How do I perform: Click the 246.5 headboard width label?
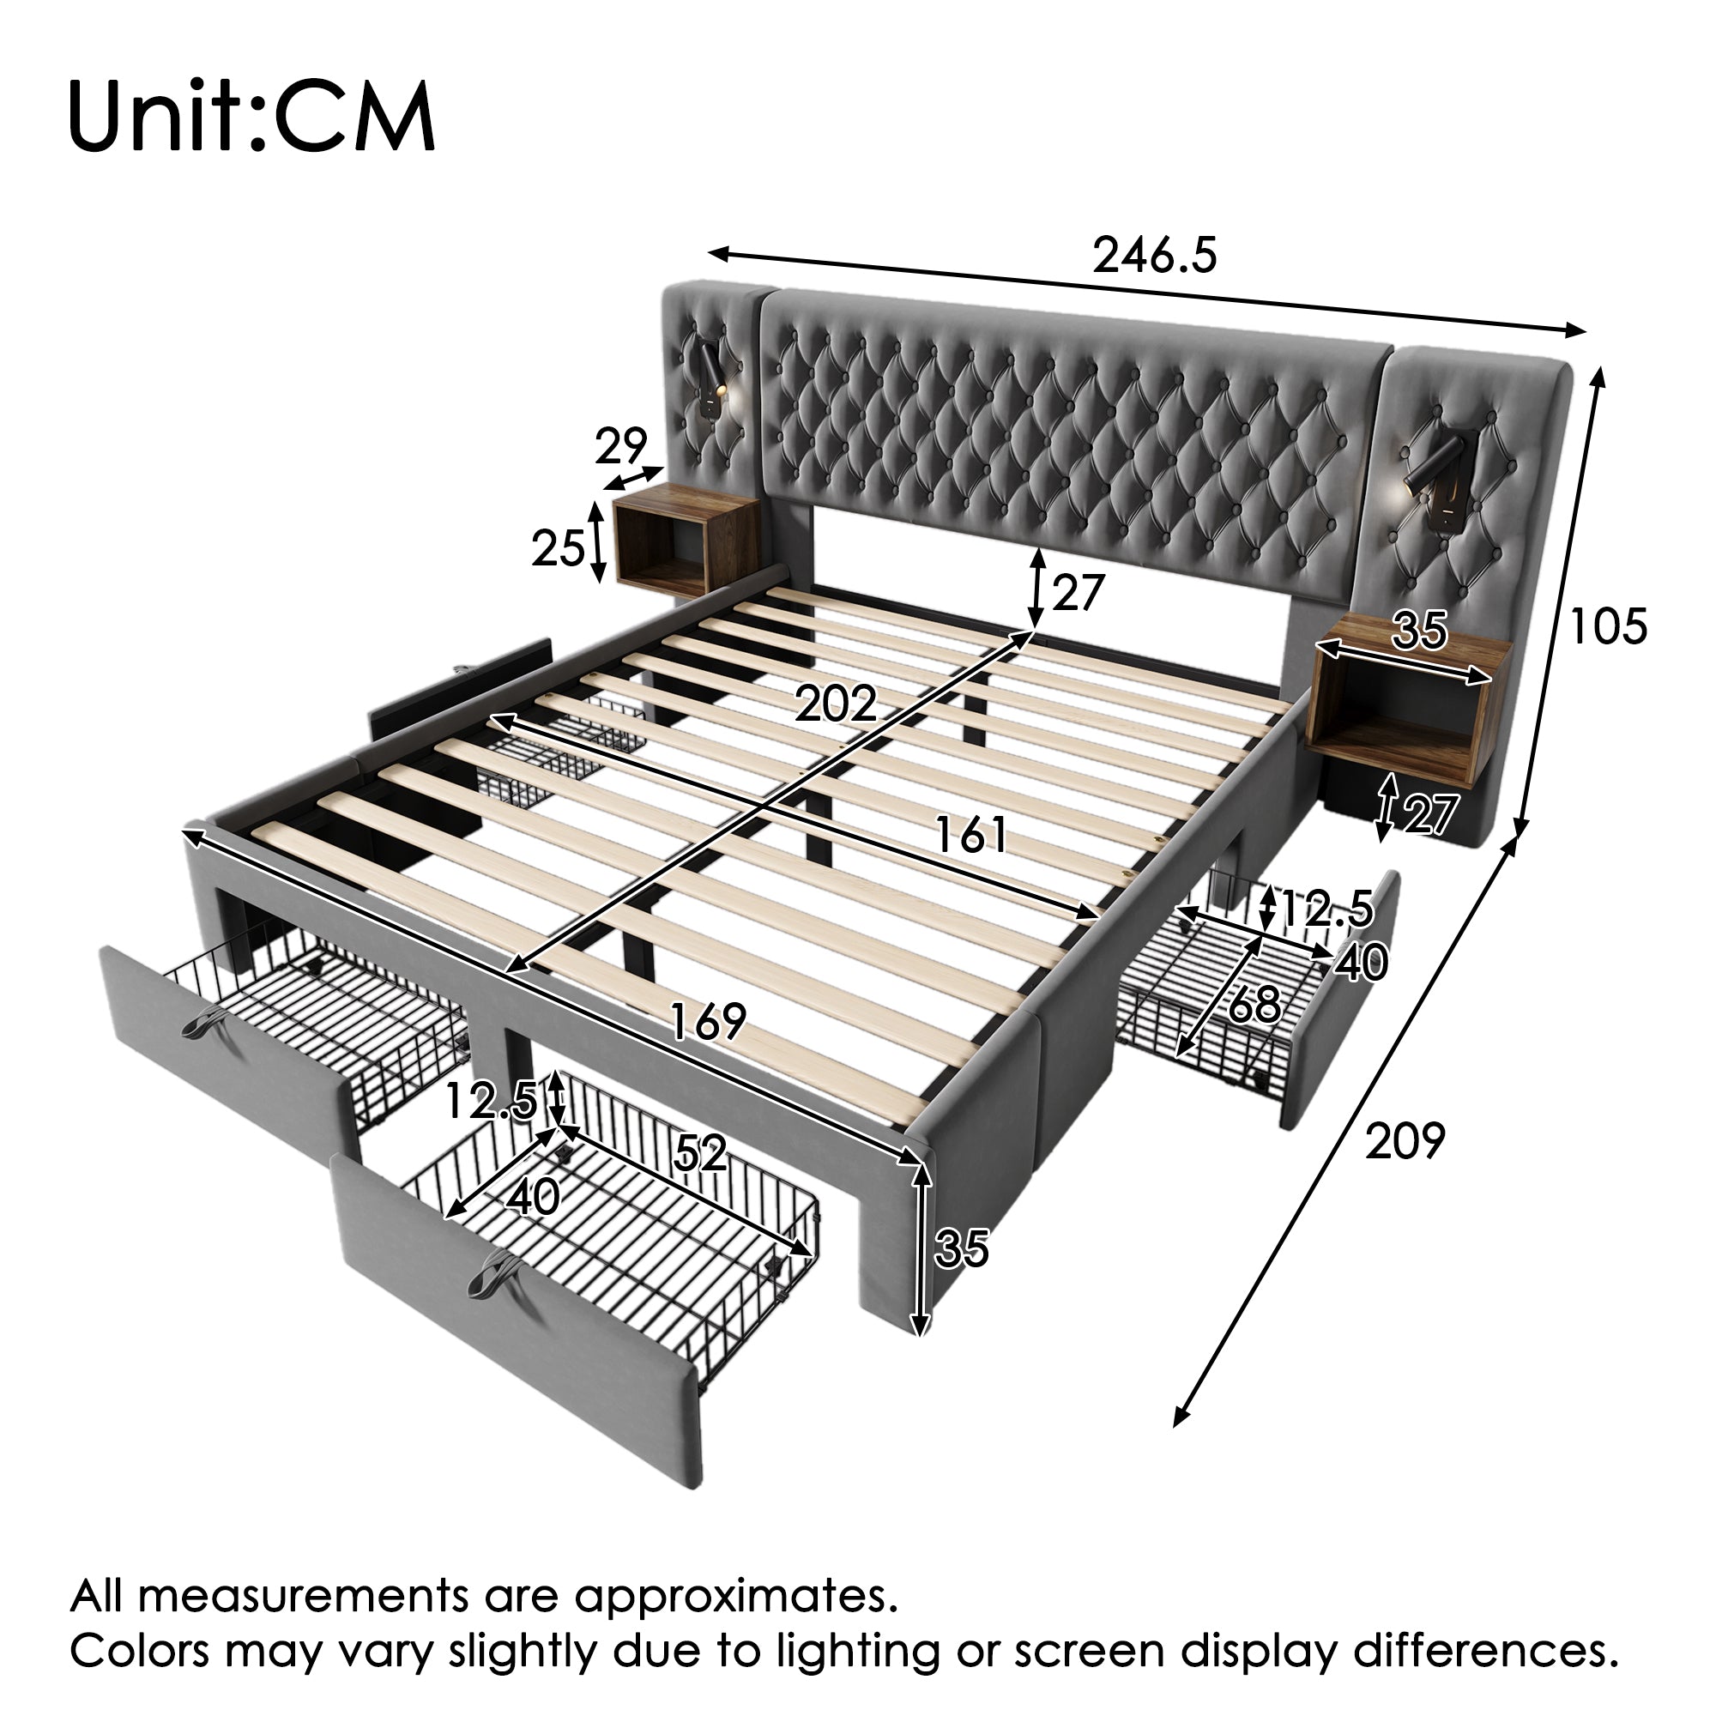pyautogui.click(x=1154, y=256)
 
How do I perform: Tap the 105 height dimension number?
pyautogui.click(x=1609, y=626)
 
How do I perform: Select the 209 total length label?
pyautogui.click(x=1405, y=1141)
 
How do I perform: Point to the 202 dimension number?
pyautogui.click(x=835, y=704)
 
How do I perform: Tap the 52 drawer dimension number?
pyautogui.click(x=700, y=1153)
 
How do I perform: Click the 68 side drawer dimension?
pyautogui.click(x=1254, y=1006)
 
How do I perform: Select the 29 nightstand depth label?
pyautogui.click(x=620, y=446)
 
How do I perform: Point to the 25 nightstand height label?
pyautogui.click(x=558, y=548)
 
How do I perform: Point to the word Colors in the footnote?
pyautogui.click(x=140, y=1650)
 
